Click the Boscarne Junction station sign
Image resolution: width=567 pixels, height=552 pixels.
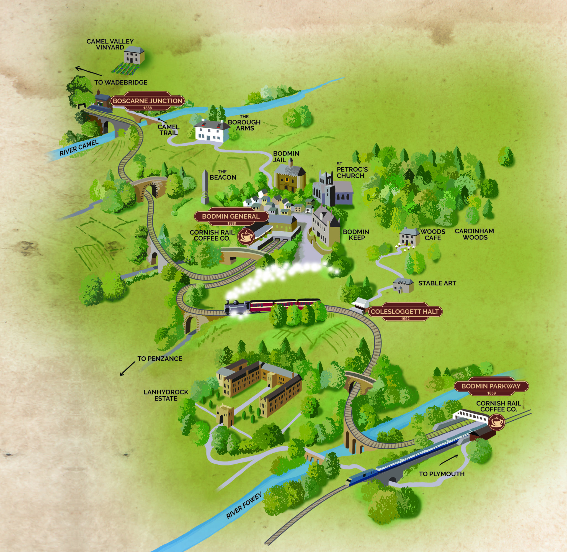point(147,101)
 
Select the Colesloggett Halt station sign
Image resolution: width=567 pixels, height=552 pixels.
point(405,312)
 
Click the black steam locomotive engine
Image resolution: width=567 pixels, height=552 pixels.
point(238,307)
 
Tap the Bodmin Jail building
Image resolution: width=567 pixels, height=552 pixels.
point(290,178)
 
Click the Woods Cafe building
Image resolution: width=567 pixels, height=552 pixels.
point(409,237)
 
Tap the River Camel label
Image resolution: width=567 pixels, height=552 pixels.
point(79,148)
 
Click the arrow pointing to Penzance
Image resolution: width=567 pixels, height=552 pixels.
point(127,369)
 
